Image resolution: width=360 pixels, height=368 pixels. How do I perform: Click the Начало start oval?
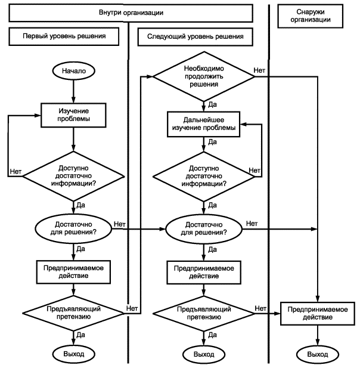coord(73,70)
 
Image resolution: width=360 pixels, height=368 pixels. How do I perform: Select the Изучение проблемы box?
coord(73,115)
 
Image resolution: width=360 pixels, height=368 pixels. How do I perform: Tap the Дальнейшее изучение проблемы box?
coord(204,124)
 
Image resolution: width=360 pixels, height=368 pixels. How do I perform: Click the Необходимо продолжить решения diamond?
coord(204,76)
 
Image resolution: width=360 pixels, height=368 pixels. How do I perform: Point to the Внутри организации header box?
coord(131,13)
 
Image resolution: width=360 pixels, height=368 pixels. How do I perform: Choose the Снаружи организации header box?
coord(311,16)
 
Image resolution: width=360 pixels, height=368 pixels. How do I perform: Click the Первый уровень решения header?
coord(64,36)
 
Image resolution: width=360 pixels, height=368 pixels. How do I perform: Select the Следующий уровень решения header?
coord(195,36)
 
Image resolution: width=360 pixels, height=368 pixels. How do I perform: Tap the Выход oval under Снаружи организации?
coord(318,354)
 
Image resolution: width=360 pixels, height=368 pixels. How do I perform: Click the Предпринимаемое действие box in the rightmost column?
coord(318,313)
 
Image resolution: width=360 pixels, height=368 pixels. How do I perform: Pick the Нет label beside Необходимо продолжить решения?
coord(259,70)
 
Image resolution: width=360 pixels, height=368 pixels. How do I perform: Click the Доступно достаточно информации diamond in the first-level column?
coord(73,176)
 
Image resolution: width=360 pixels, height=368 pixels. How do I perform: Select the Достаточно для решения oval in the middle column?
coord(204,228)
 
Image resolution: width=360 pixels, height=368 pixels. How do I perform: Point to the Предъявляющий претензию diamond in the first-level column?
coord(73,313)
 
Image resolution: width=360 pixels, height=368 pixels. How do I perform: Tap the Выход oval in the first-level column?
coord(73,354)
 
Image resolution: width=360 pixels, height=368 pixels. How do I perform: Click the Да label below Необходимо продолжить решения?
coord(212,104)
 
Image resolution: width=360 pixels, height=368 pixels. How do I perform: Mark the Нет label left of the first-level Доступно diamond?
coord(15,172)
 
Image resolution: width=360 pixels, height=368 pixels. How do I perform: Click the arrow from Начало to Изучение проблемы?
coord(73,91)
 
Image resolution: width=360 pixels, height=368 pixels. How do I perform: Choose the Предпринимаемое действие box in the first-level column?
coord(73,272)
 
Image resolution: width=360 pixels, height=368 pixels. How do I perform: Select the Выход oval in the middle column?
coord(204,354)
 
